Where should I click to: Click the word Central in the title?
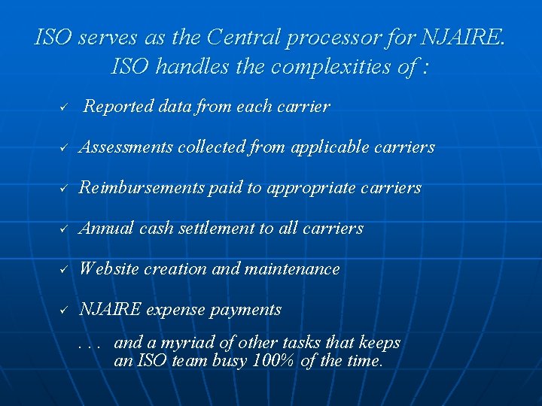pos(241,37)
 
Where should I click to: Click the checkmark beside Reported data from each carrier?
pos(65,108)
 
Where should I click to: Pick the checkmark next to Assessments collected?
pos(65,148)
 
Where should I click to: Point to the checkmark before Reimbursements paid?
pos(65,189)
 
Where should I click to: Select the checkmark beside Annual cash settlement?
pos(65,229)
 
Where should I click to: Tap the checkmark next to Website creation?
pos(65,270)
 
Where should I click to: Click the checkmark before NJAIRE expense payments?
pos(65,311)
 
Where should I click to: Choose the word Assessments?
pos(126,147)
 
